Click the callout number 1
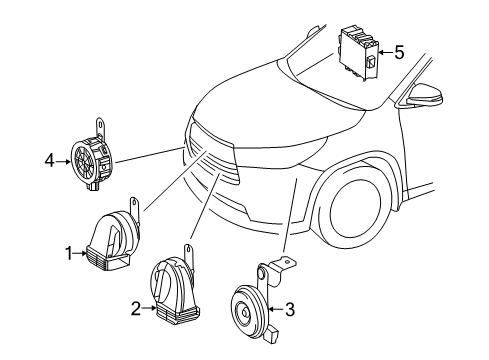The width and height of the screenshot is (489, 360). point(69,255)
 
